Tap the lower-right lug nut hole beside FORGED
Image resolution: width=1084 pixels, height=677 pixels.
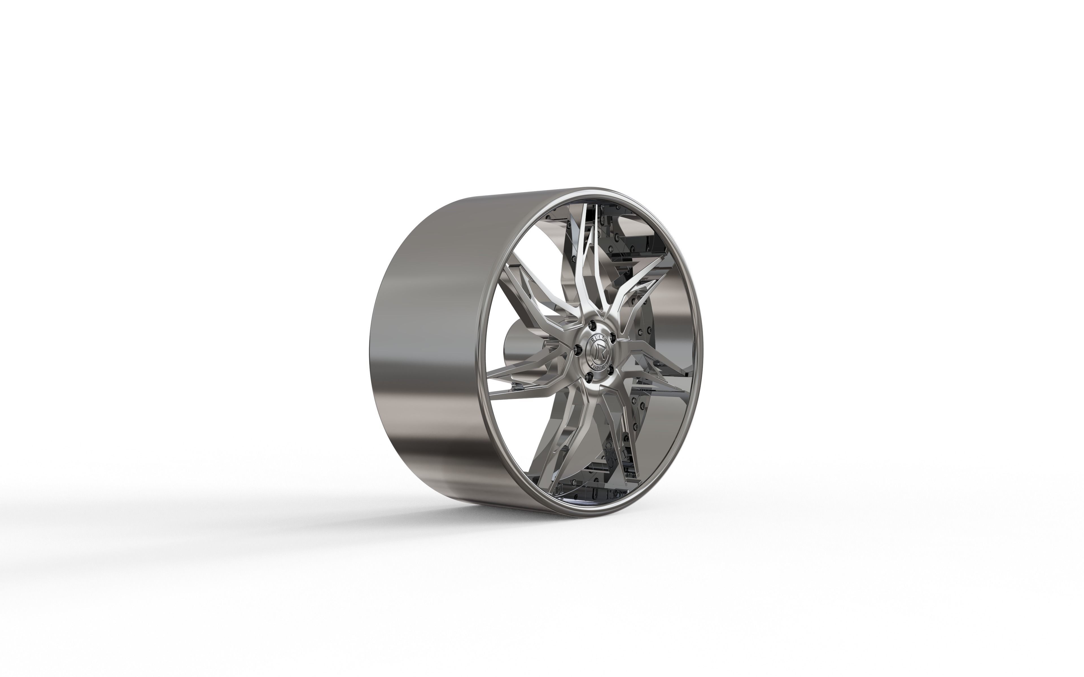tap(611, 370)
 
